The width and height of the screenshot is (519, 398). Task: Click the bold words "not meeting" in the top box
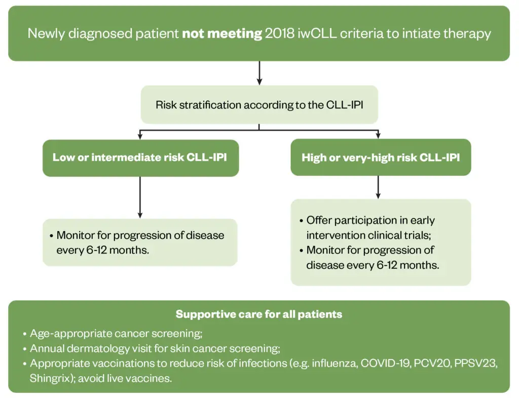(221, 34)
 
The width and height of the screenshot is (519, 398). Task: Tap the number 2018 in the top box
(279, 34)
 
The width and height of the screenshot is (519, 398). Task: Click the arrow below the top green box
(259, 73)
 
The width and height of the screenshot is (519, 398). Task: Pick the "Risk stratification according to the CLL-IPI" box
(259, 105)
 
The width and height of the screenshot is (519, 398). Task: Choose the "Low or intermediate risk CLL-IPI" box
(140, 158)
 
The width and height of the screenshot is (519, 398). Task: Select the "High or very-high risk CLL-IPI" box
(380, 158)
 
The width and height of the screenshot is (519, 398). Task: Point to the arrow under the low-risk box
(140, 197)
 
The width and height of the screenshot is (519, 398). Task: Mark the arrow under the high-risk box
(378, 187)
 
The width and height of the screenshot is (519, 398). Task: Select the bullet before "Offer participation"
(301, 221)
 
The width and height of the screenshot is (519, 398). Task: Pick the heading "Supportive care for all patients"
(259, 314)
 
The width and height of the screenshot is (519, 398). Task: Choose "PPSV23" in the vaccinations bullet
(475, 364)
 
